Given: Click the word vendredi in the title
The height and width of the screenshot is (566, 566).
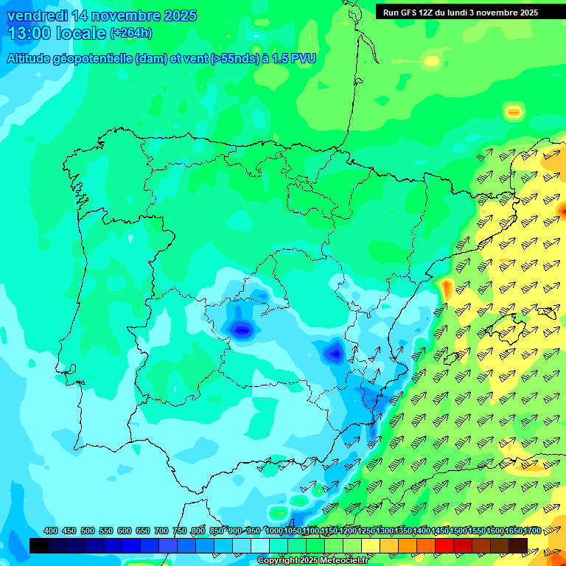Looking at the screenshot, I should (35, 15).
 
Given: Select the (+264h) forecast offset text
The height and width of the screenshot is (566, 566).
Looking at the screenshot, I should (131, 33).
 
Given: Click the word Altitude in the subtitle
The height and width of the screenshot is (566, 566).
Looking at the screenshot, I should (33, 59).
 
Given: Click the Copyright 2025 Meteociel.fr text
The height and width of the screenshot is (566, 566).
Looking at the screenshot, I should (312, 561).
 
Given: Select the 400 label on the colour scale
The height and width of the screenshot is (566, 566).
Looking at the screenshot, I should (51, 531).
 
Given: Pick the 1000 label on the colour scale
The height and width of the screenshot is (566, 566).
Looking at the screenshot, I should (273, 531).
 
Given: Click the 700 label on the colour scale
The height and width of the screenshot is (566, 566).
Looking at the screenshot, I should (161, 531).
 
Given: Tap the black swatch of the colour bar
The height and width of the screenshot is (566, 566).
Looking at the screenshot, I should (39, 545).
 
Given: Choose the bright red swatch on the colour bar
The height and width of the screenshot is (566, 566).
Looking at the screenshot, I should (444, 545).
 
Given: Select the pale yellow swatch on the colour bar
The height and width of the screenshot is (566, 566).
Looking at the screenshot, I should (371, 545).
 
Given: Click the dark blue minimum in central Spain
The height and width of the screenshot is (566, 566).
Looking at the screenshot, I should (241, 329).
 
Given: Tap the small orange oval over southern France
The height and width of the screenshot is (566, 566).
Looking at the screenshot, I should (513, 113).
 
